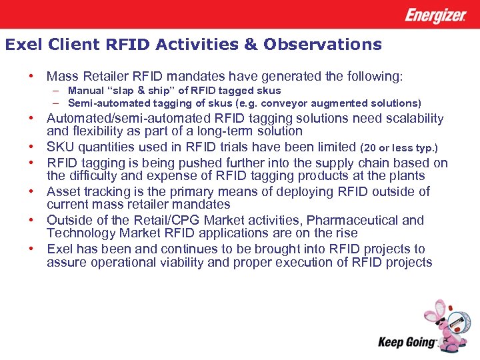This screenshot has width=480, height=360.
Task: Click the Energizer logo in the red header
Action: point(435,15)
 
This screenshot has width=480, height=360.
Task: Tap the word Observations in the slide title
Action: point(323,45)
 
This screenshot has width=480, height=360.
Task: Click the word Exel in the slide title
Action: point(20,45)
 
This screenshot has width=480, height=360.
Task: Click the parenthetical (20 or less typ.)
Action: point(399,147)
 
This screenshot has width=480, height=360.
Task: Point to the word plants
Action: point(405,176)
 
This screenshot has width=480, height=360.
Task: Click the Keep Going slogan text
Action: point(407,342)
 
